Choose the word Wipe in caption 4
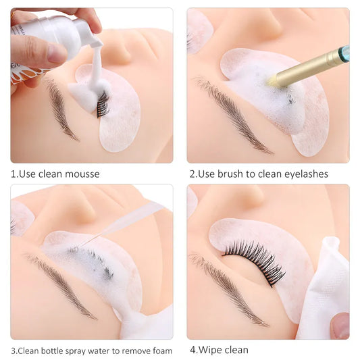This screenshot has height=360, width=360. [x=211, y=350]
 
